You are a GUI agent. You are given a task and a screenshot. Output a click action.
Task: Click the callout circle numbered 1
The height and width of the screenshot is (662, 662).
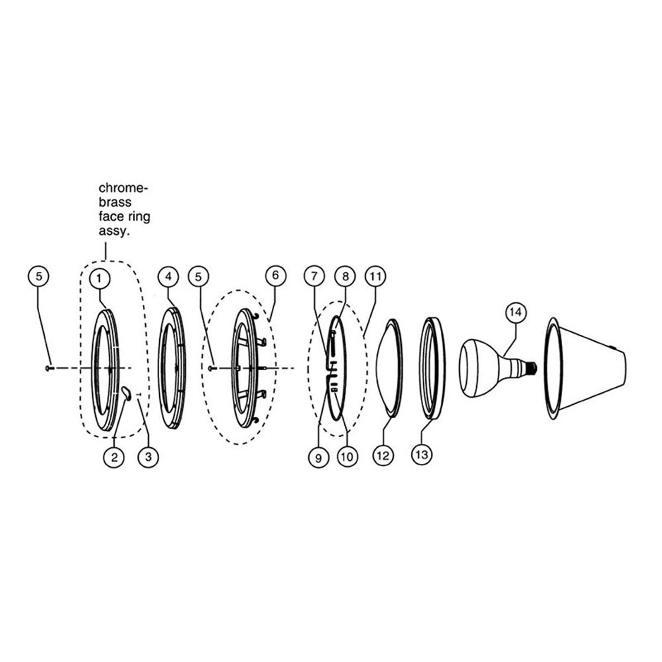tap(99, 278)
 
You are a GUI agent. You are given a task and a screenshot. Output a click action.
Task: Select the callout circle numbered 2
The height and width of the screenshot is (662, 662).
tap(114, 457)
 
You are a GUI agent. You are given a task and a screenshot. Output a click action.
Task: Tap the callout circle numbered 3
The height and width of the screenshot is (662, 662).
tap(148, 457)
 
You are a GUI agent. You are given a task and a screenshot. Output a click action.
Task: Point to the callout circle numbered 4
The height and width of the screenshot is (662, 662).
tap(168, 276)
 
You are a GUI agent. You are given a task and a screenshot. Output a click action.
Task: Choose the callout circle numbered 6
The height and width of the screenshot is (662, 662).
tap(276, 275)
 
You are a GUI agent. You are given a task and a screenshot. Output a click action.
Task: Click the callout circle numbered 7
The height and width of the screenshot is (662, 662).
tap(314, 276)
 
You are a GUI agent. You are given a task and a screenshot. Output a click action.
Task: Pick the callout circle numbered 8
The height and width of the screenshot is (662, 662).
tap(345, 276)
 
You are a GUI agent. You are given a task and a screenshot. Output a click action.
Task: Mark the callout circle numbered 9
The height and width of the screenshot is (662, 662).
tap(318, 458)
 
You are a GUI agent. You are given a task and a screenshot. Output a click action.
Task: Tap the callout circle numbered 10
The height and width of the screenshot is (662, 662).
tap(347, 457)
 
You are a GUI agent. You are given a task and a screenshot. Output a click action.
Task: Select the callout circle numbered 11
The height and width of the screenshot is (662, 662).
tap(375, 276)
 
